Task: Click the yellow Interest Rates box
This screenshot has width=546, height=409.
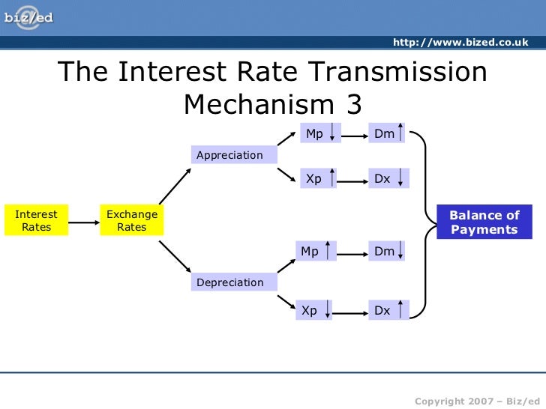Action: click(x=36, y=220)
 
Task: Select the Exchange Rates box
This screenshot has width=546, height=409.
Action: click(x=132, y=220)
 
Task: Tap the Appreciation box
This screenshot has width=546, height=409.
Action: click(x=233, y=155)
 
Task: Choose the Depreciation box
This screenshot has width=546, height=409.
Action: click(x=233, y=282)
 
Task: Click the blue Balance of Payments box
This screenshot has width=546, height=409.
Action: click(x=484, y=222)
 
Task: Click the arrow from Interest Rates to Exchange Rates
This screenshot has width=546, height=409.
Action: click(x=83, y=220)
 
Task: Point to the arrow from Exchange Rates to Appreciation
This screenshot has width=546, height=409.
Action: click(x=175, y=186)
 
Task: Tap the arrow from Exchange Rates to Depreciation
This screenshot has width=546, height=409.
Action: click(x=175, y=255)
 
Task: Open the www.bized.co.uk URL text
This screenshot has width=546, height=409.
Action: click(x=460, y=43)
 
